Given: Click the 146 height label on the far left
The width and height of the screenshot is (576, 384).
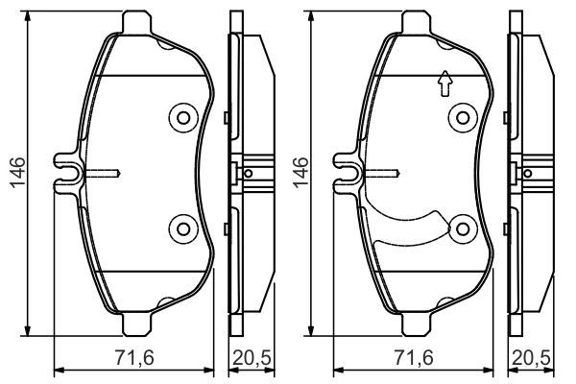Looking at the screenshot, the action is coord(17,173).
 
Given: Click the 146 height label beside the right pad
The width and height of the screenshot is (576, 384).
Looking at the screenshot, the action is coord(300,173).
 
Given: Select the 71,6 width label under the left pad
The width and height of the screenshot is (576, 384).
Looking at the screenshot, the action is coord(134,357).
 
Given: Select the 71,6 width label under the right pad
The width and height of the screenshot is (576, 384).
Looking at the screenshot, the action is coord(414,357).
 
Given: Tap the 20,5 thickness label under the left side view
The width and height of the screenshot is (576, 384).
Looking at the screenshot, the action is coord(252,357).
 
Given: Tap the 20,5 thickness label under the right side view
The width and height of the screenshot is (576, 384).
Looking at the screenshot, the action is coord(531,357).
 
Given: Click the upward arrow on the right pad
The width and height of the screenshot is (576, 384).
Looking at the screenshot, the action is coord(445,84).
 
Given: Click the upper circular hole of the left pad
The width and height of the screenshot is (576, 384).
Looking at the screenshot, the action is coord(183,118).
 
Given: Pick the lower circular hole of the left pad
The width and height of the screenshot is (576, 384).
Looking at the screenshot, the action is coord(183,228).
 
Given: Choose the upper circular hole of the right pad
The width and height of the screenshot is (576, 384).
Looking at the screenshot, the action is coord(463,118).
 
